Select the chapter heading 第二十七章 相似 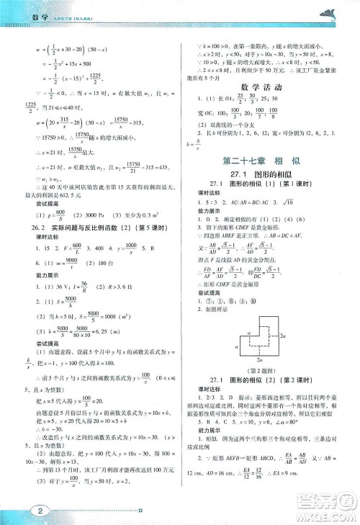coord(259,160)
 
